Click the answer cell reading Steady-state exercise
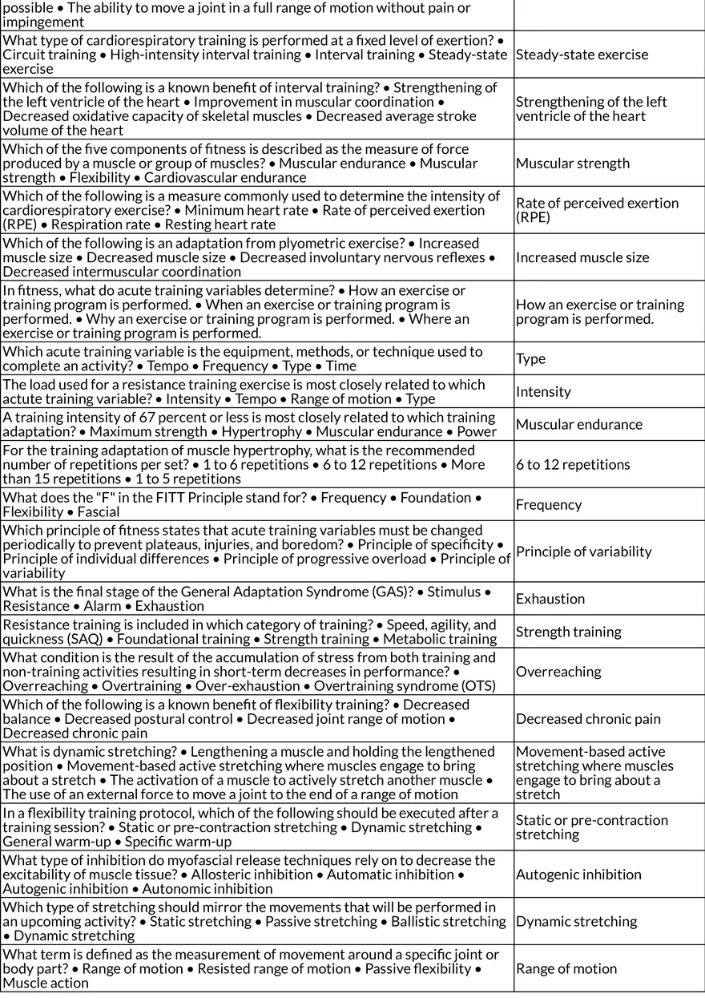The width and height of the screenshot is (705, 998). tap(582, 55)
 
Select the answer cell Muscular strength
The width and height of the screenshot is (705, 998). tap(573, 163)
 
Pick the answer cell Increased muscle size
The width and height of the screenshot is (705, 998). tap(582, 257)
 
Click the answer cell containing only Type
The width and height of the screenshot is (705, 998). tap(530, 358)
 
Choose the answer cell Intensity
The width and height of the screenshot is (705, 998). tap(543, 391)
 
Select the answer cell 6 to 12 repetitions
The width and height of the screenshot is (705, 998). tap(573, 464)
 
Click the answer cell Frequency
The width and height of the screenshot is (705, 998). tap(549, 504)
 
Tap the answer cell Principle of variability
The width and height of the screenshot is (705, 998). tap(583, 552)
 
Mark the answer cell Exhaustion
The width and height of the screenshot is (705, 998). tap(550, 599)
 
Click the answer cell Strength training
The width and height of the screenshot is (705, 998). tap(568, 632)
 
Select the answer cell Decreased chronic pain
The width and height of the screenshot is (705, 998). tap(588, 718)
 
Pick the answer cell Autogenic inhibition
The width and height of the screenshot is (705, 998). tap(578, 874)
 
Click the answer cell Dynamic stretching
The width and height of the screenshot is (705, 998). tap(576, 921)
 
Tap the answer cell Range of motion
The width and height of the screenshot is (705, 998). tap(566, 968)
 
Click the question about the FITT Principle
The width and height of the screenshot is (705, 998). tap(256, 504)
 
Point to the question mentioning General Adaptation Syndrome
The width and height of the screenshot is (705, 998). tap(256, 599)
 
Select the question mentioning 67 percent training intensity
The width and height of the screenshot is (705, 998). tap(256, 424)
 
